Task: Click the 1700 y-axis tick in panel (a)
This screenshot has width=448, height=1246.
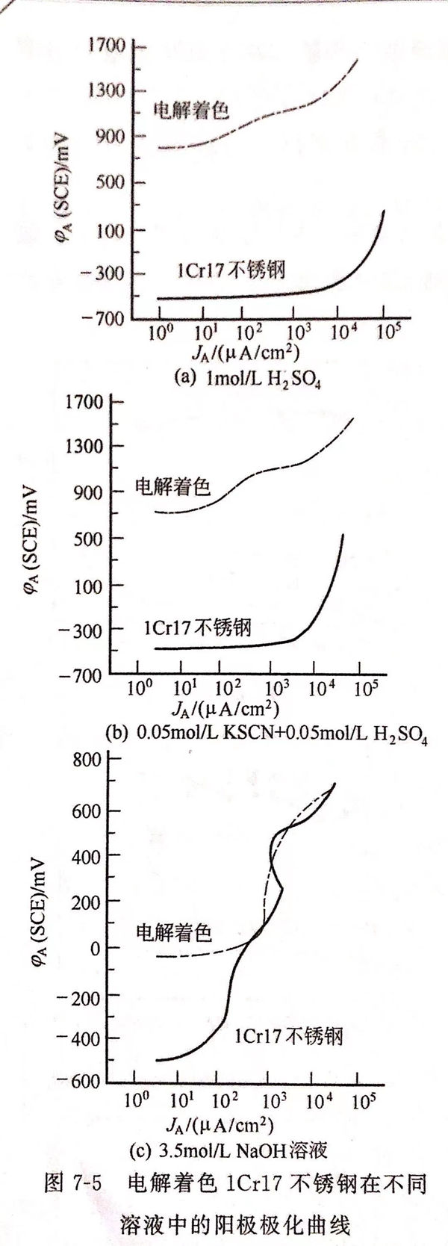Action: (x=109, y=46)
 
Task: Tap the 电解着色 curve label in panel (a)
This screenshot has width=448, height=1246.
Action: (x=191, y=111)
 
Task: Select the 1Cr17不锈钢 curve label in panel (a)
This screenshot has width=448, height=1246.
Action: (x=231, y=270)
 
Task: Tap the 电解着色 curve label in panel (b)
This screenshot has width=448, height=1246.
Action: (x=172, y=488)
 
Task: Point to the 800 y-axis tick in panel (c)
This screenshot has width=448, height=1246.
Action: (x=88, y=761)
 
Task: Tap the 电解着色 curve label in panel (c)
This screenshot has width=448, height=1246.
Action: (x=173, y=932)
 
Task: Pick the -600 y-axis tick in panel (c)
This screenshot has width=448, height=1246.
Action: (x=82, y=1082)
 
